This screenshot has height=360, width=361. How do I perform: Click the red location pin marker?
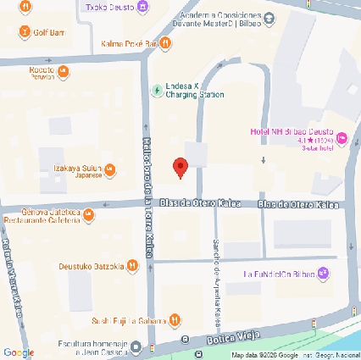point(180,167)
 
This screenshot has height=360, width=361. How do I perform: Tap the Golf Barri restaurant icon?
point(25,32)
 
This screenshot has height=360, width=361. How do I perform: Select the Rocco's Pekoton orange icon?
point(63,71)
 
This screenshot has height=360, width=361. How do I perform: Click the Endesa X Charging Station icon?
point(156,90)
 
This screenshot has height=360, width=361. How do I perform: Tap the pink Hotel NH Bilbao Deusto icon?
point(342,137)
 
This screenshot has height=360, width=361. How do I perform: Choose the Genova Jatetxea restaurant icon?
point(88,216)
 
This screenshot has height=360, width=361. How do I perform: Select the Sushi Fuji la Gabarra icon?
point(174,320)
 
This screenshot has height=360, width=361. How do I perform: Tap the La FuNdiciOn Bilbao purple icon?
point(323,274)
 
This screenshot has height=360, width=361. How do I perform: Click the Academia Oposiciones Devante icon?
point(269,18)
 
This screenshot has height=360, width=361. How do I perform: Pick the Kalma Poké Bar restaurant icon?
point(151,43)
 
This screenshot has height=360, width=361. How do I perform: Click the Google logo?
point(18,352)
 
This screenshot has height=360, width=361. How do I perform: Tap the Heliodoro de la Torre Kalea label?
point(146,195)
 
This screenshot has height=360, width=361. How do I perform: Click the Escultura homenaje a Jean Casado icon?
point(136,347)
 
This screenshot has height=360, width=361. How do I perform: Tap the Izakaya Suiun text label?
point(78,168)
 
